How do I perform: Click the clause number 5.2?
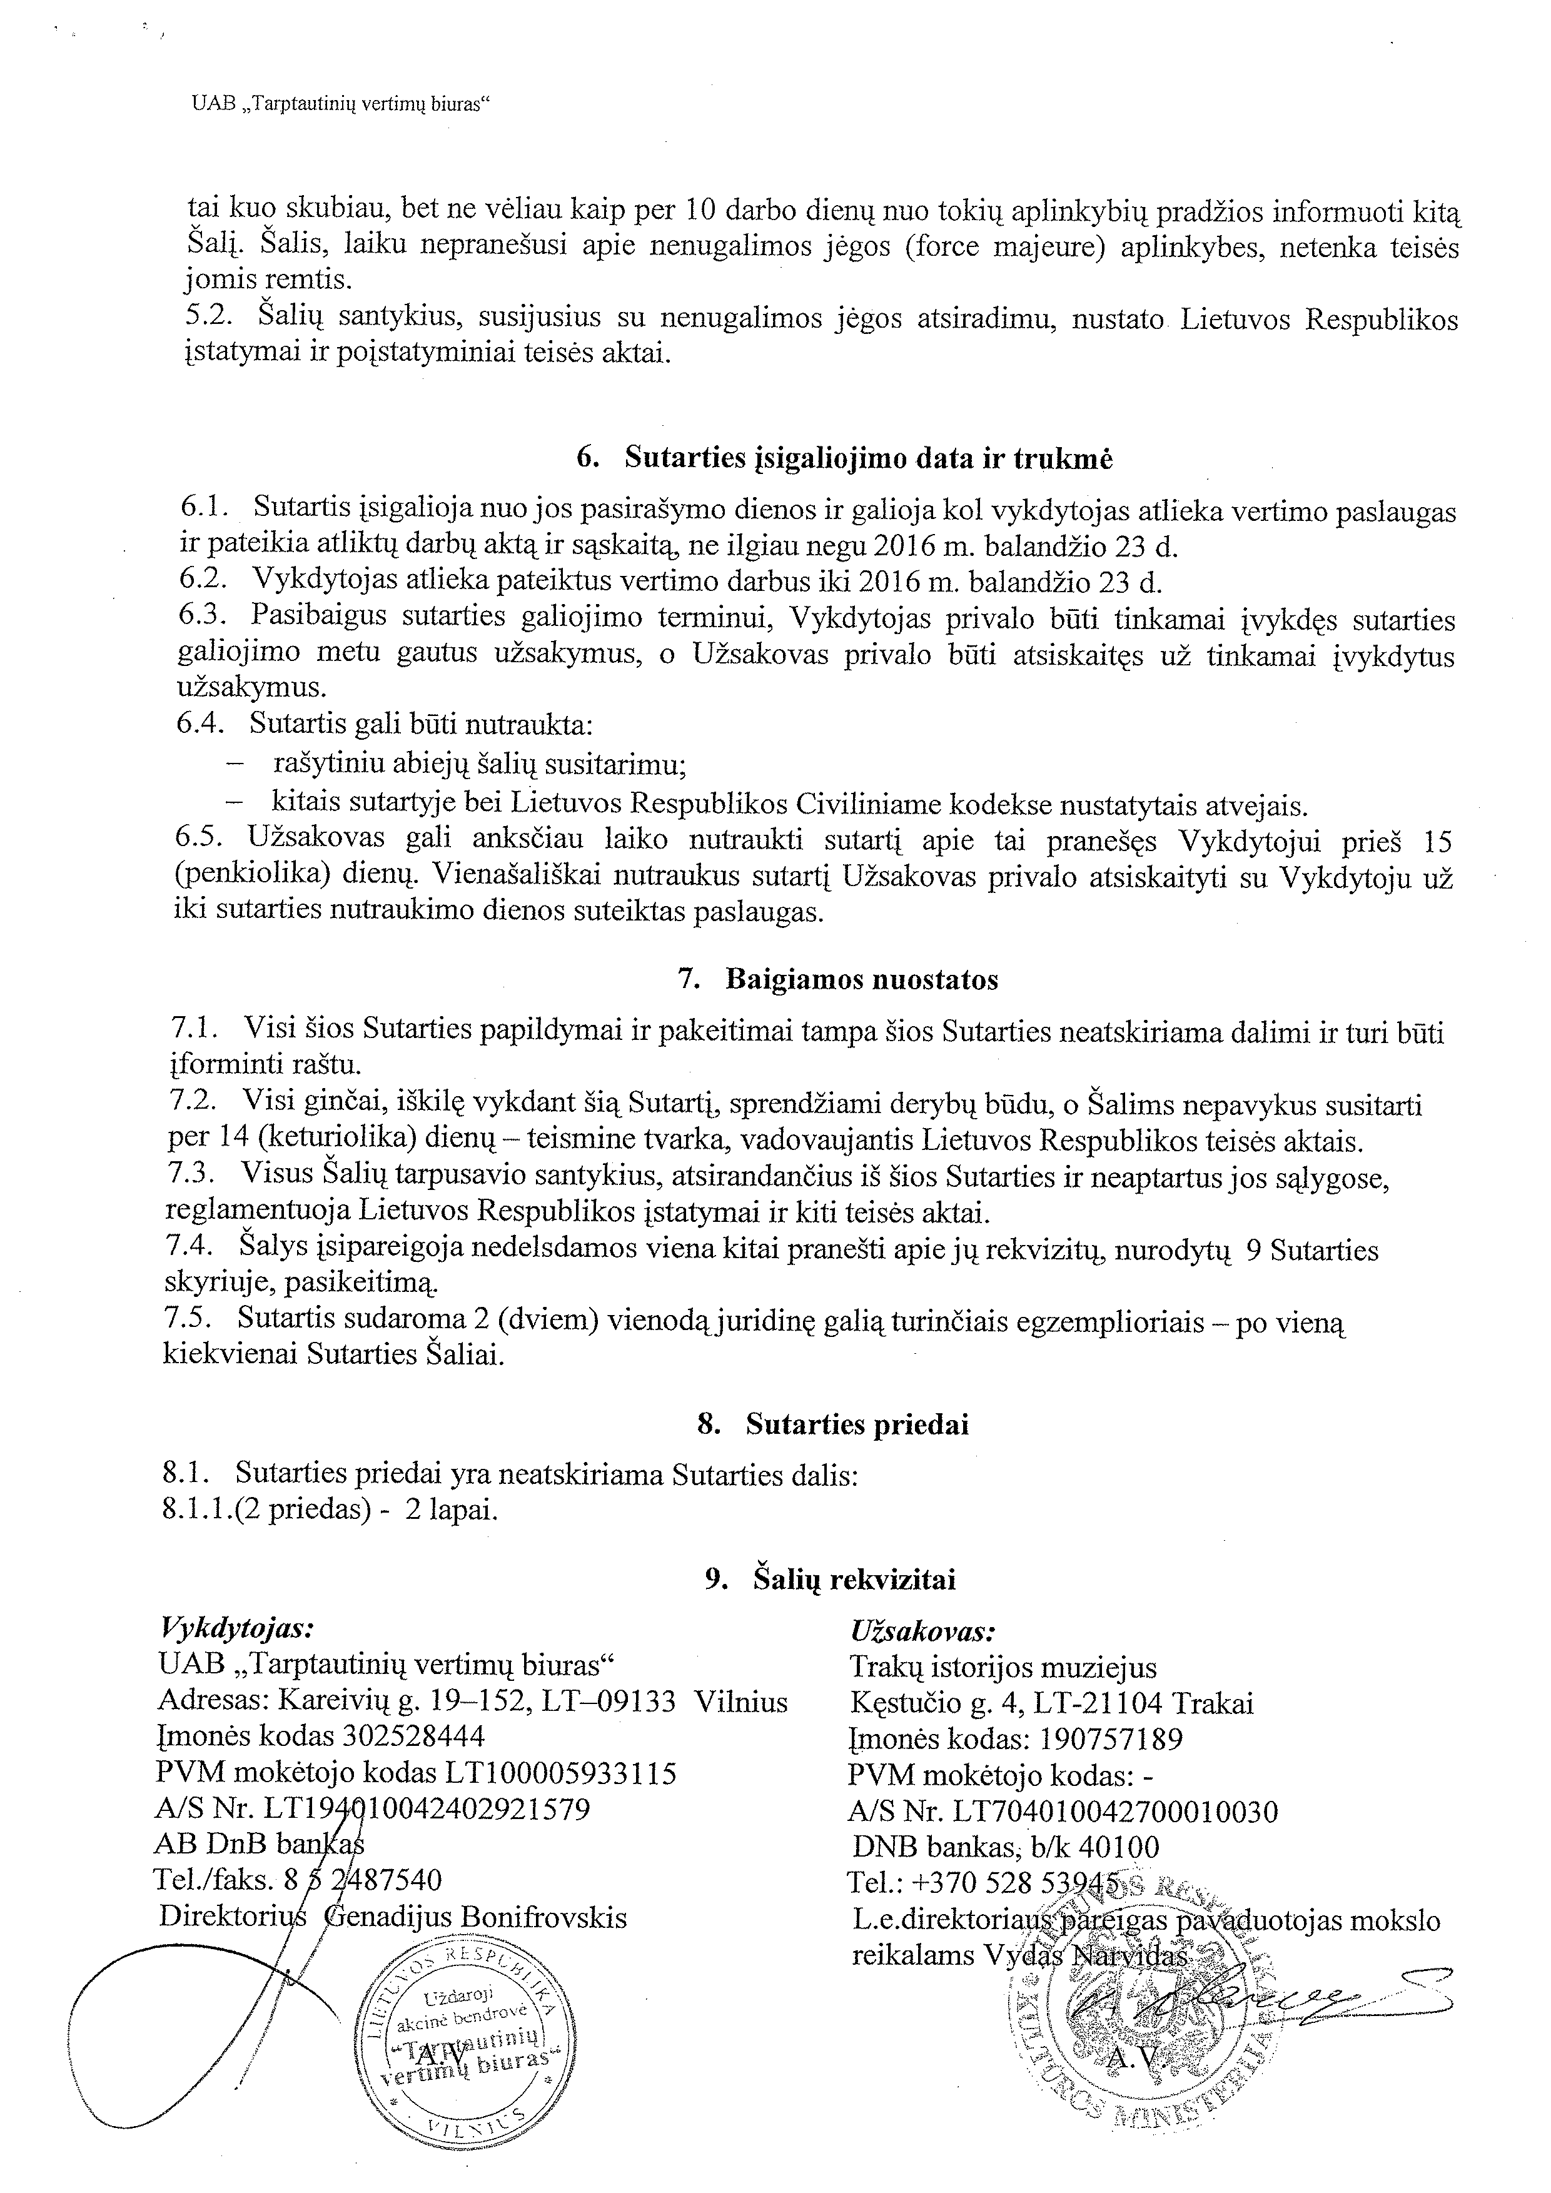tap(206, 318)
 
